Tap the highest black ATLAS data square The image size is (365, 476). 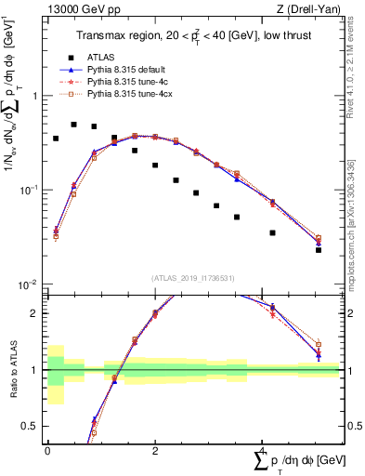coord(74,124)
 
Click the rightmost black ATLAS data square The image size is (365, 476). coord(319,249)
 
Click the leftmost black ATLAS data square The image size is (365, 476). coord(56,139)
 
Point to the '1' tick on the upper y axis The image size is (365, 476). coord(36,96)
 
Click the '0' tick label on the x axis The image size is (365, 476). coord(47,449)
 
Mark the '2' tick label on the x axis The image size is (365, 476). coord(154,449)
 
